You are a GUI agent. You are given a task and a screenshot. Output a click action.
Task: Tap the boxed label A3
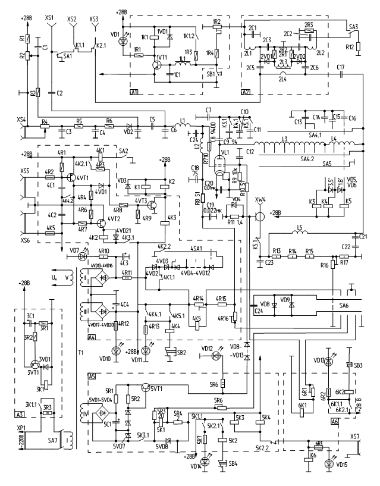click(20, 397)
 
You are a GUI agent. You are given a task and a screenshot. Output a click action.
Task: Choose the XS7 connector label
click(355, 436)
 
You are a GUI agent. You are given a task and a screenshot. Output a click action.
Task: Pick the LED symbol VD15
click(328, 463)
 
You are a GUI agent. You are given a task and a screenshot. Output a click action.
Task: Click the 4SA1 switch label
click(197, 248)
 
